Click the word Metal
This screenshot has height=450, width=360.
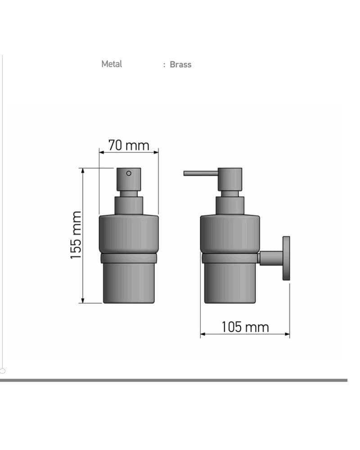pos(112,64)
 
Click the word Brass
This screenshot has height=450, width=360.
pos(180,64)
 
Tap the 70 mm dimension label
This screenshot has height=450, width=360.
pos(129,145)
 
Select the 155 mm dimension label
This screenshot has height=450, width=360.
pos(76,235)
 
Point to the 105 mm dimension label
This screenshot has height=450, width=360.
pos(245,327)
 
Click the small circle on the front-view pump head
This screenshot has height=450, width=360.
pos(129,173)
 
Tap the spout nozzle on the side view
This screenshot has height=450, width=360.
pos(201,173)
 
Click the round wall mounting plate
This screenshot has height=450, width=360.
pos(286,258)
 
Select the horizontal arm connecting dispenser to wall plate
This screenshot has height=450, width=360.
pos(271,258)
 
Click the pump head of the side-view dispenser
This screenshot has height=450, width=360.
pos(229,180)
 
